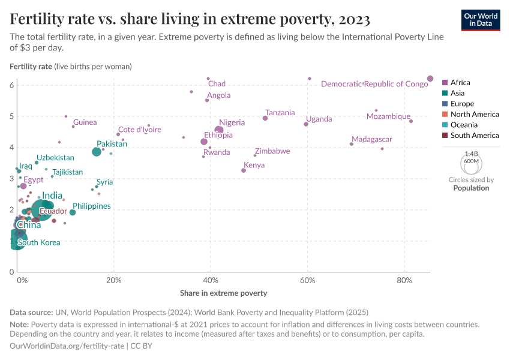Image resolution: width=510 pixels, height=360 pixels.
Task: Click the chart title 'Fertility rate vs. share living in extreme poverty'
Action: (x=190, y=20)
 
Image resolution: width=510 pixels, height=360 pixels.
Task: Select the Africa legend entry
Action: (x=460, y=82)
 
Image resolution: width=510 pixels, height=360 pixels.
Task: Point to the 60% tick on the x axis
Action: (x=308, y=280)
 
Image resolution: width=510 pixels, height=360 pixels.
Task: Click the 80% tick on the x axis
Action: (x=404, y=280)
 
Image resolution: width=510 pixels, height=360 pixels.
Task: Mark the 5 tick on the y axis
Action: (x=11, y=116)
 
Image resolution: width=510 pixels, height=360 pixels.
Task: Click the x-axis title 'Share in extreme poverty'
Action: (x=223, y=293)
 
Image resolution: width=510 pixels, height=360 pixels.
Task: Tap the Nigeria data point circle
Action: (x=219, y=130)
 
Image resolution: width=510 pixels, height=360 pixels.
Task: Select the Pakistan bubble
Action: (x=97, y=152)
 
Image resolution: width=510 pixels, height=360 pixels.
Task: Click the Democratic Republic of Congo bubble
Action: (x=430, y=79)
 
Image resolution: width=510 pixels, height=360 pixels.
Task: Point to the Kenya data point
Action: (x=244, y=170)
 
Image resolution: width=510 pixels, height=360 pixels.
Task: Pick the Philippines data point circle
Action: (x=73, y=212)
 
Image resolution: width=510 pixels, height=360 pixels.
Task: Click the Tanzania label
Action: (x=280, y=113)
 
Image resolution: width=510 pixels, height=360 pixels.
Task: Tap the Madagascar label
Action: (x=372, y=139)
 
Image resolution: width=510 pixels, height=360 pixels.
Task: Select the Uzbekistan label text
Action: (x=55, y=158)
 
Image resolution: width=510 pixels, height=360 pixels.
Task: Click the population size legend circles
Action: (x=471, y=163)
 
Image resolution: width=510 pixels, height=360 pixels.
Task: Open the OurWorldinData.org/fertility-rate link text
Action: (x=67, y=346)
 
